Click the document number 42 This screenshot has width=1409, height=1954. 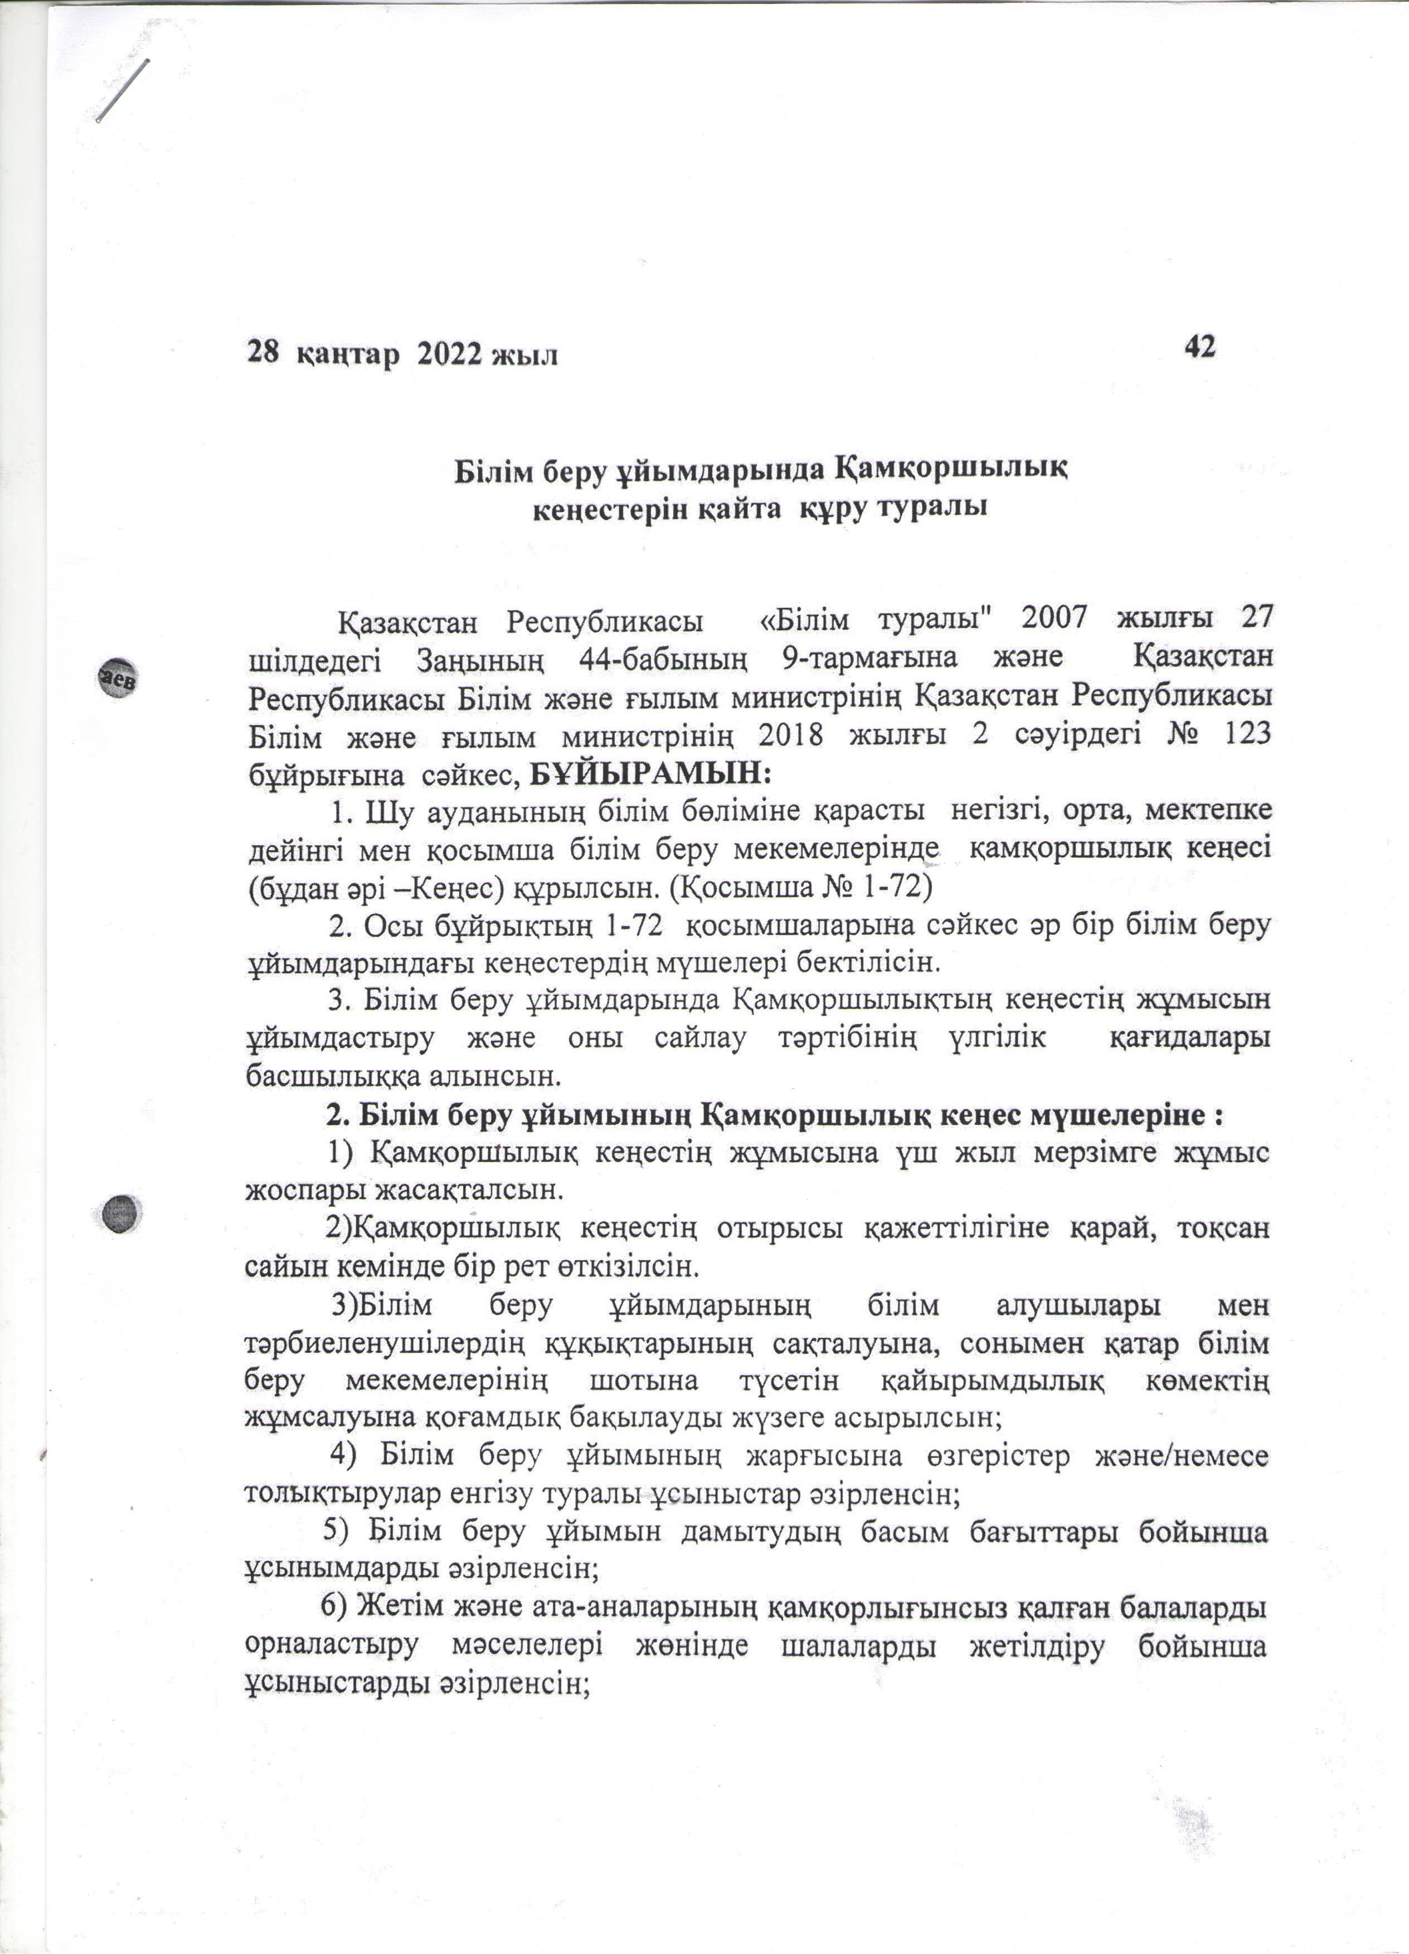click(1199, 347)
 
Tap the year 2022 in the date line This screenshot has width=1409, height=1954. click(449, 354)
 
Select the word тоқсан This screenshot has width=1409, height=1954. click(1222, 1227)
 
